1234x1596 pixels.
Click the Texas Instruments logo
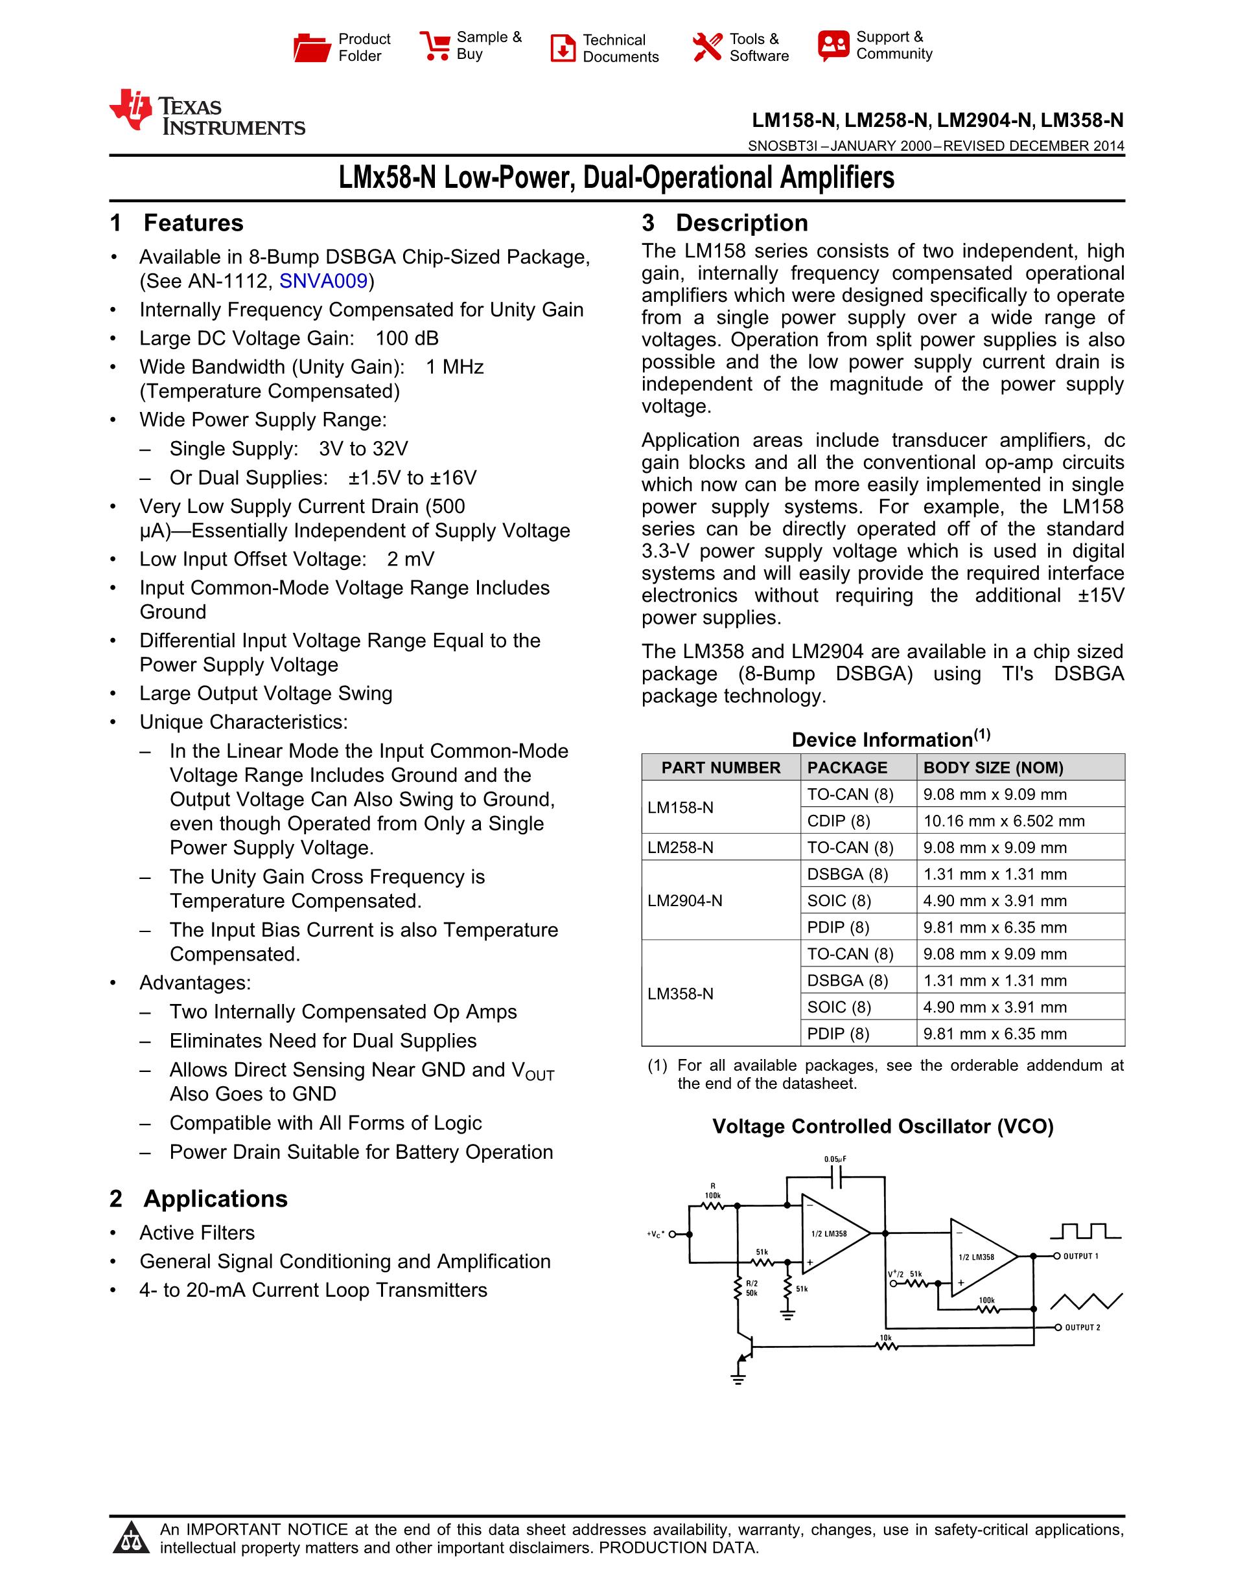coord(206,113)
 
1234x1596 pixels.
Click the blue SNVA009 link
coord(323,281)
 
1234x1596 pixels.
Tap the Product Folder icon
coord(312,47)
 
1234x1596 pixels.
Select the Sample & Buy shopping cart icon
coord(435,45)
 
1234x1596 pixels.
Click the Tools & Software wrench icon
coord(707,47)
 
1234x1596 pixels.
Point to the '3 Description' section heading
coord(725,223)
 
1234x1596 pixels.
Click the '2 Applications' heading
coord(199,1199)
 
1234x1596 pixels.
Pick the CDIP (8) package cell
coord(839,821)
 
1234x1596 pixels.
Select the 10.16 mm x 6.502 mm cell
coord(1004,821)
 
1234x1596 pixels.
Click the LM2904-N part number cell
coord(685,900)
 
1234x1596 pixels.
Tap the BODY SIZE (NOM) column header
coord(993,768)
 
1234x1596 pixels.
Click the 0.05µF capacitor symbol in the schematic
coord(836,1176)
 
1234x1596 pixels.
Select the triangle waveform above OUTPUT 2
coord(1086,1301)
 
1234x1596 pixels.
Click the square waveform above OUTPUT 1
coord(1085,1231)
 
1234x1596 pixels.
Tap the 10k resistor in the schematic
coord(886,1345)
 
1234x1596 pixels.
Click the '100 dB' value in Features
coord(407,338)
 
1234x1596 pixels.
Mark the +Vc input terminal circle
coord(673,1235)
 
